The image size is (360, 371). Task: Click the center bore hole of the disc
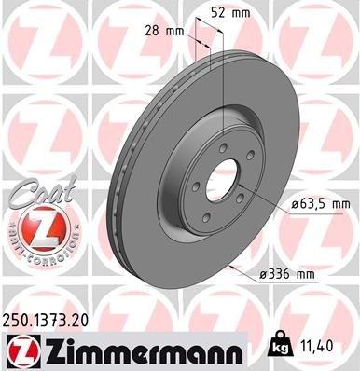224,177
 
